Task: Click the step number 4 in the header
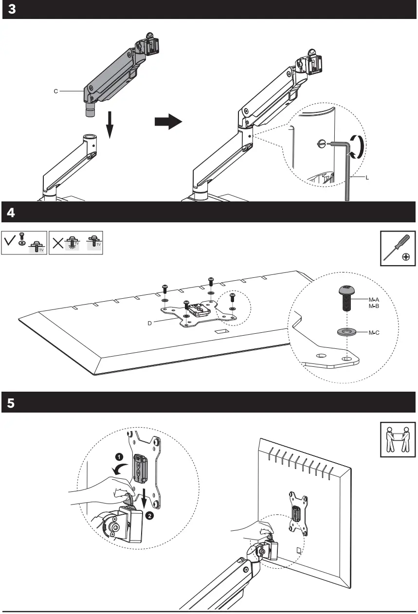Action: [x=12, y=213]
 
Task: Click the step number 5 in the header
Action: [x=12, y=403]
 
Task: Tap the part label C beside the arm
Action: [x=56, y=90]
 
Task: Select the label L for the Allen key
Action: [x=367, y=178]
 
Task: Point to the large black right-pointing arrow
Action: [x=168, y=123]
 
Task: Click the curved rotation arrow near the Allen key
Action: [x=357, y=146]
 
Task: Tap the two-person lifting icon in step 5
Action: [x=398, y=440]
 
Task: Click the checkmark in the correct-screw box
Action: [x=10, y=241]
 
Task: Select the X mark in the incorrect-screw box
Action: [x=58, y=242]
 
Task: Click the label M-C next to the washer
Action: [x=374, y=333]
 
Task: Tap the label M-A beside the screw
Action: [x=374, y=300]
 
